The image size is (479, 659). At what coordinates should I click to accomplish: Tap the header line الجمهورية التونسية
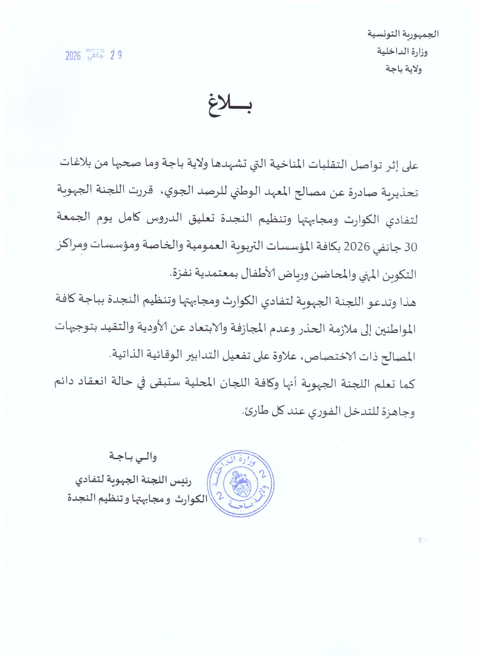click(x=403, y=34)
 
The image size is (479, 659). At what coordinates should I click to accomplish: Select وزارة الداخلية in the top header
click(x=402, y=51)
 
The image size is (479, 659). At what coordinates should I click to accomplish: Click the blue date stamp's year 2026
click(x=73, y=56)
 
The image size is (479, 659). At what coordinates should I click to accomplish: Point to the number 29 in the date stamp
click(x=116, y=55)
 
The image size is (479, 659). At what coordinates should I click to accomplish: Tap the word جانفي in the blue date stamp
click(x=95, y=56)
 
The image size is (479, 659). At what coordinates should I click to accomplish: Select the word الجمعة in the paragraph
click(x=74, y=217)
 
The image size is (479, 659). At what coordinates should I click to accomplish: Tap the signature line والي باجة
click(x=133, y=457)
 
